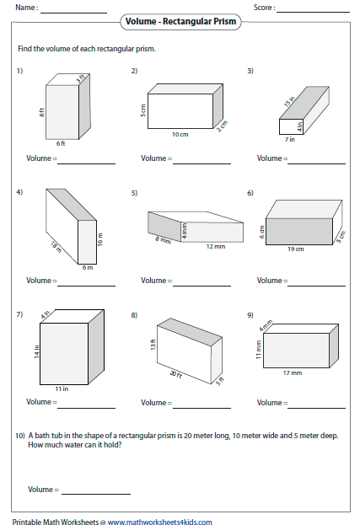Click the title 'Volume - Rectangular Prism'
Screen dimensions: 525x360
180,20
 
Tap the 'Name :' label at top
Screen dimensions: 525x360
26,8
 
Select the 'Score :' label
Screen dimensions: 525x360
263,8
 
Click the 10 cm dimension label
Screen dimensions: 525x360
180,134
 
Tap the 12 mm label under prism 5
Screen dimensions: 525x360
217,246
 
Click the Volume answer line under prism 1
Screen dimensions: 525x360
84,161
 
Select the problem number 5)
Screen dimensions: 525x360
134,193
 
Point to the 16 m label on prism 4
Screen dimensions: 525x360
100,240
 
